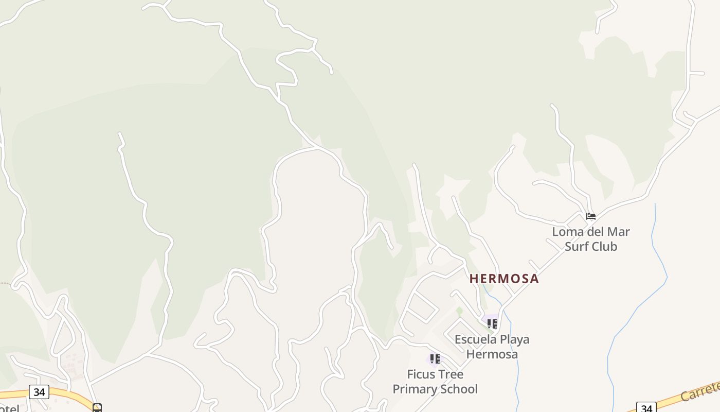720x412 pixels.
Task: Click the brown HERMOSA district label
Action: pos(504,279)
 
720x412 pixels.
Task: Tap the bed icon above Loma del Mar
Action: pos(591,216)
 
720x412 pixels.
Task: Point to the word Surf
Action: pos(576,246)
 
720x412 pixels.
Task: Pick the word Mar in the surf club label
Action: pos(619,232)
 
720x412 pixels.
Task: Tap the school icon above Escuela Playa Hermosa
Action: pos(492,323)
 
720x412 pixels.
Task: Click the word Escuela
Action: pos(476,339)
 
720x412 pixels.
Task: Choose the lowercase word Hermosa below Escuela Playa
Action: pos(492,354)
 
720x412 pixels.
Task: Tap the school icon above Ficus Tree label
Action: pos(435,358)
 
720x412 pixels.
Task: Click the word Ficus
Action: pos(421,374)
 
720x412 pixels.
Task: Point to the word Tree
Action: pos(451,374)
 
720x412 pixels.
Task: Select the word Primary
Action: pos(414,389)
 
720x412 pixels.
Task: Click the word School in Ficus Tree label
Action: pos(458,389)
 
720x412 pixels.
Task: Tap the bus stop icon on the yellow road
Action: pos(97,408)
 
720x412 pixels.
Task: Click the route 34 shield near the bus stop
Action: pos(39,392)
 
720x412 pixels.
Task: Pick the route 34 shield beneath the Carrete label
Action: pos(646,408)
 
